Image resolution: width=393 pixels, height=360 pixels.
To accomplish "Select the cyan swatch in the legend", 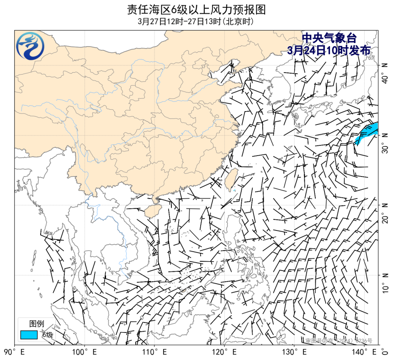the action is [x=29, y=335].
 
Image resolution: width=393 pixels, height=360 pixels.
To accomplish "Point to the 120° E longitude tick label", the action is [x=224, y=352].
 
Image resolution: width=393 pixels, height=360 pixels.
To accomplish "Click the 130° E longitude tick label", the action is [x=294, y=352].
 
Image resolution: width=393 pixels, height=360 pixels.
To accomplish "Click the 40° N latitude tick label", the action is [x=385, y=73].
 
